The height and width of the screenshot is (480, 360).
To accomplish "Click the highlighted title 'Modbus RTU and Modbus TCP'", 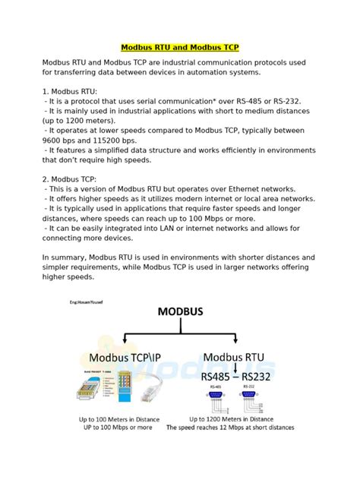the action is (x=180, y=47).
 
